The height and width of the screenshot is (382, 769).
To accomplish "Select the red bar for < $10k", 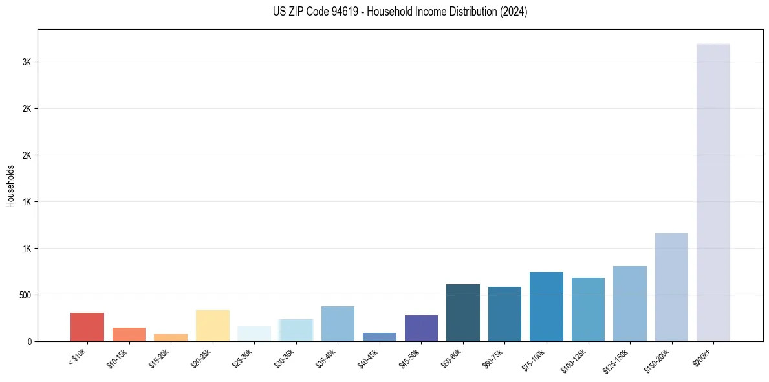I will click(87, 327).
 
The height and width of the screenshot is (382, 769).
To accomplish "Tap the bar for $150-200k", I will click(671, 287).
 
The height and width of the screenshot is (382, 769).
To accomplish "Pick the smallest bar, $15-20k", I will click(171, 337).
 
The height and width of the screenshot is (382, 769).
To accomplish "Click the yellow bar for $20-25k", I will click(212, 326).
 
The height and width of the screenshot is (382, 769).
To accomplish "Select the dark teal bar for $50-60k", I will click(463, 313).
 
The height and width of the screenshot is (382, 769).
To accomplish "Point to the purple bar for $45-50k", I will click(421, 328).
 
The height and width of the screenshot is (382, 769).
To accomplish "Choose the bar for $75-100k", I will click(547, 306).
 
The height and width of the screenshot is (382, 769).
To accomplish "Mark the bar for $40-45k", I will click(380, 337).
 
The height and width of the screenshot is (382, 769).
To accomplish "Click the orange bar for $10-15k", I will click(129, 334).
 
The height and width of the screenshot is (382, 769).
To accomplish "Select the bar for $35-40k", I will click(338, 324).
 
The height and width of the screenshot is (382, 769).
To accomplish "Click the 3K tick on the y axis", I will click(27, 62).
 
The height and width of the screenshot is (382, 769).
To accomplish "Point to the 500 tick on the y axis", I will click(25, 295).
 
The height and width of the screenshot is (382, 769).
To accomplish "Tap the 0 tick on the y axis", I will click(30, 341).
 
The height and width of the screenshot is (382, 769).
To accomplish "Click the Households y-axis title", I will click(10, 186).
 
